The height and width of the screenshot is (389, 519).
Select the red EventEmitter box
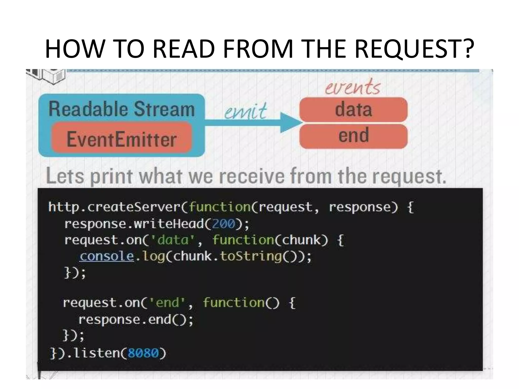coord(121,138)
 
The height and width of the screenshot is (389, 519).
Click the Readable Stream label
coord(121,109)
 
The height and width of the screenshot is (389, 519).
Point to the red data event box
coord(353,110)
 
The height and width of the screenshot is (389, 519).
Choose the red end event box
coord(353,135)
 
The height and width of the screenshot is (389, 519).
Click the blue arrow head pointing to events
coord(290,123)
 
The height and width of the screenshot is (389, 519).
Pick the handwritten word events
coord(353,87)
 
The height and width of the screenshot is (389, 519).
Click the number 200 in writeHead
coord(224,224)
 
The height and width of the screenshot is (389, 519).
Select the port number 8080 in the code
coord(143,353)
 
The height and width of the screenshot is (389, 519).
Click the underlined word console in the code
coord(106,256)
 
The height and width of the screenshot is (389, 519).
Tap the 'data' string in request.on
coord(173,240)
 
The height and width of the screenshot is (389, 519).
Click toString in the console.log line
coord(251,256)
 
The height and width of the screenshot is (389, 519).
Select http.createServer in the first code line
coord(114,207)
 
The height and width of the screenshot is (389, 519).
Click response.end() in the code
coord(136,319)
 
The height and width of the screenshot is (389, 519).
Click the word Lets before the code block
coord(65,176)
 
